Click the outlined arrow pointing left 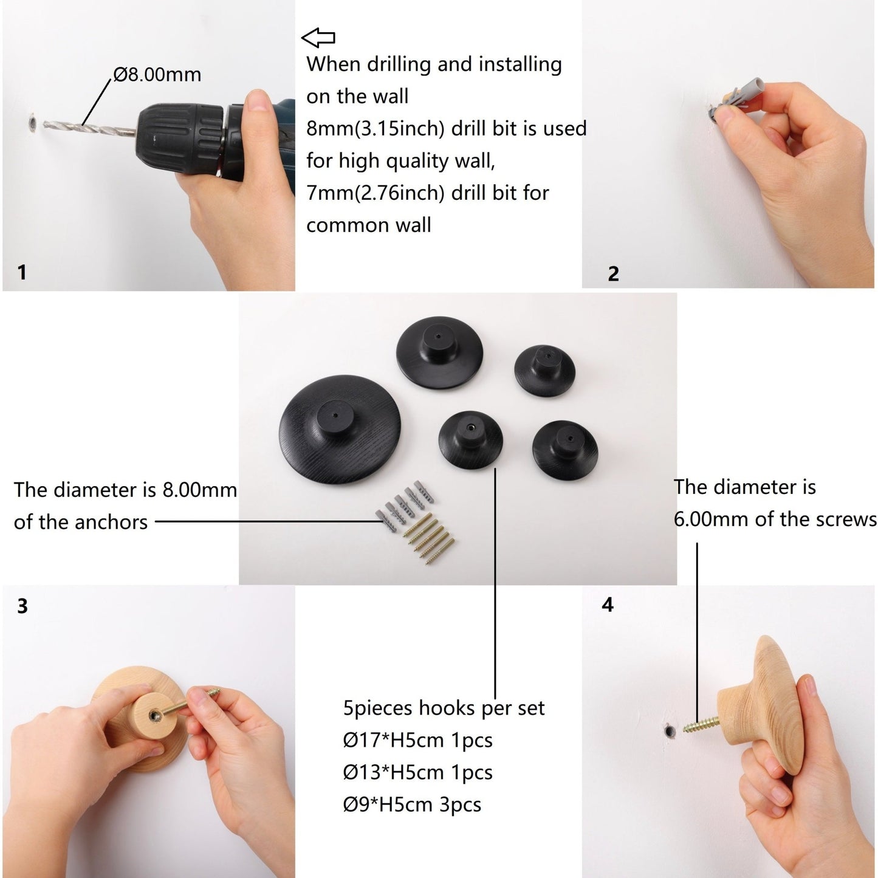318,38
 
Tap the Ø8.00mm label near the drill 157,75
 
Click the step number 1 21,272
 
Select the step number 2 613,273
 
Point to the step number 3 22,606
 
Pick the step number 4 608,605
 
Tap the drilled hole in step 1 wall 33,122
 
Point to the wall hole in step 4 670,732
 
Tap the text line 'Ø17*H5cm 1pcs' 418,740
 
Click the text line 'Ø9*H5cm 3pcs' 412,804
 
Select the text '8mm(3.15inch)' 375,129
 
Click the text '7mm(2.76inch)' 375,194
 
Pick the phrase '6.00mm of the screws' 775,520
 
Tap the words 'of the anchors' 81,522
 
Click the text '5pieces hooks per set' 444,708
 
